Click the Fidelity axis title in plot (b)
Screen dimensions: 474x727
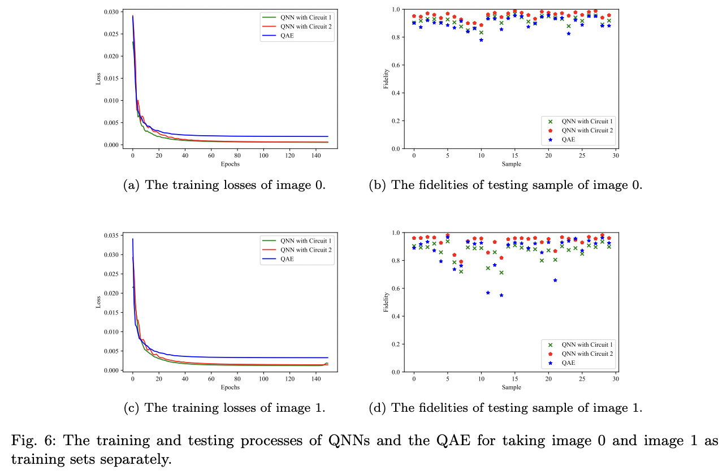[x=387, y=79]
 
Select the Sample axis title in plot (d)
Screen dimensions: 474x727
[x=512, y=387]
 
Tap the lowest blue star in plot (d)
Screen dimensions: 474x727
[x=501, y=295]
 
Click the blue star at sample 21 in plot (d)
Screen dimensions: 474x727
[x=555, y=280]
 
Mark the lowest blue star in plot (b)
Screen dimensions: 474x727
[x=481, y=40]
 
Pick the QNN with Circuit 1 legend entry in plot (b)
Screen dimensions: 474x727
[x=586, y=121]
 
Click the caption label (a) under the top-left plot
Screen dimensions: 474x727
[x=132, y=185]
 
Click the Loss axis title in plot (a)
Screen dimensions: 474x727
[x=97, y=79]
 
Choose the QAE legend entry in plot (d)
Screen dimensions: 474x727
[x=568, y=363]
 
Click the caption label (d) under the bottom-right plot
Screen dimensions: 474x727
[x=378, y=408]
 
